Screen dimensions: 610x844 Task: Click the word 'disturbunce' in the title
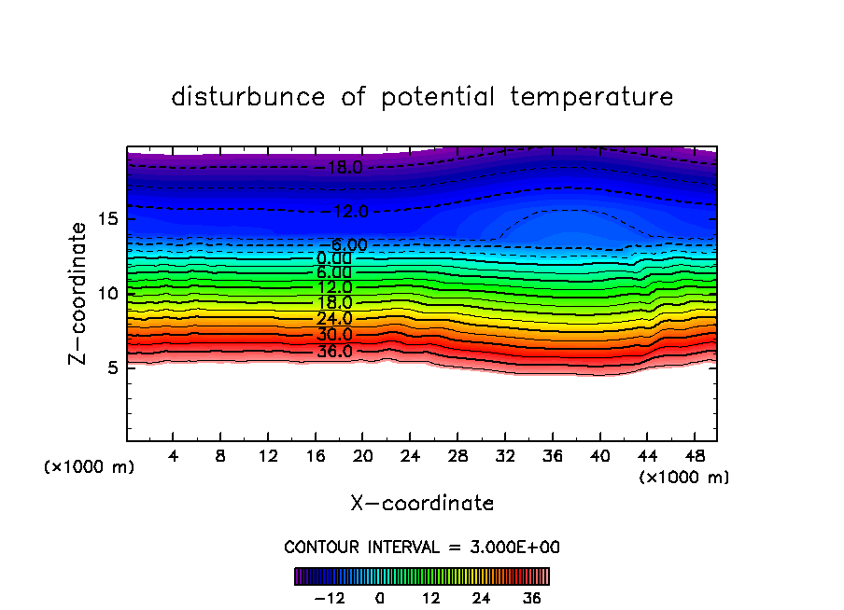(x=248, y=97)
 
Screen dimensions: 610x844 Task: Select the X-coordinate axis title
(x=422, y=504)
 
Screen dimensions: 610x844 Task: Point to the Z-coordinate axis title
(x=78, y=293)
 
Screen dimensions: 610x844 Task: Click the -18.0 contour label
(x=345, y=168)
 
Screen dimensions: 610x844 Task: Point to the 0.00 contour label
(x=333, y=258)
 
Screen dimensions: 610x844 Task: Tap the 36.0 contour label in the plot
(x=334, y=352)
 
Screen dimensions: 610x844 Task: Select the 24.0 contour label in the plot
(x=333, y=319)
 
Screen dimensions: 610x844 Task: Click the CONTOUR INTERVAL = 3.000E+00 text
(x=422, y=547)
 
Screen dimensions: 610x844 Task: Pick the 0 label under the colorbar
(x=380, y=598)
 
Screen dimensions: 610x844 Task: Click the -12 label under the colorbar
(x=329, y=598)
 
